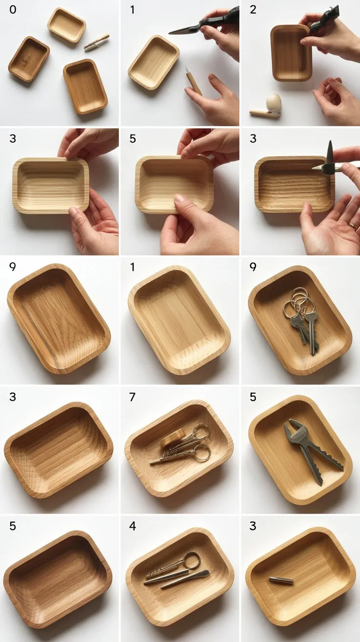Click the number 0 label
pos(13,10)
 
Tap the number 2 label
pos(253,10)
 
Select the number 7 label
pos(133,397)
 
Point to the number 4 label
pos(133,526)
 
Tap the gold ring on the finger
pos(353,226)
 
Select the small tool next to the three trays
pos(96,43)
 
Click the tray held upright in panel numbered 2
pos(291,53)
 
